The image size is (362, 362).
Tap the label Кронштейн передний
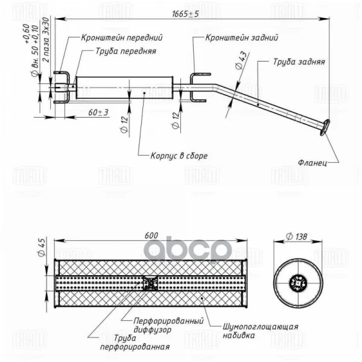coord(122,38)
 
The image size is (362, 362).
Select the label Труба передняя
coord(125,51)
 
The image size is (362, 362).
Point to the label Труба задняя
coord(299,62)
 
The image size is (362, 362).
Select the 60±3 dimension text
coord(98,113)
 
